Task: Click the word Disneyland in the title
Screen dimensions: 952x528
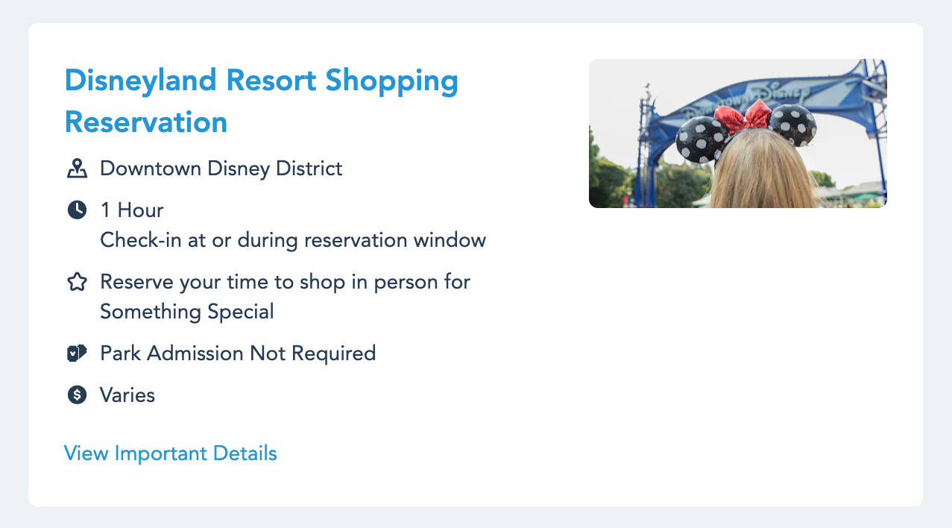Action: pyautogui.click(x=141, y=81)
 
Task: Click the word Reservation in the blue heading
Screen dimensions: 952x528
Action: pyautogui.click(x=146, y=122)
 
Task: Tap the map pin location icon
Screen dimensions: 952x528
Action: pyautogui.click(x=77, y=169)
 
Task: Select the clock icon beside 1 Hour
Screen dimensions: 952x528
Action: pyautogui.click(x=77, y=210)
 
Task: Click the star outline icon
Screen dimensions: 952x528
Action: pyautogui.click(x=77, y=282)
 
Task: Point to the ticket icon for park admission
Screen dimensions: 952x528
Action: pyautogui.click(x=77, y=353)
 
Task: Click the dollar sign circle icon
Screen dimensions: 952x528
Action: pyautogui.click(x=77, y=395)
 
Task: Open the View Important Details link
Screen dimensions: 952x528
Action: pyautogui.click(x=171, y=453)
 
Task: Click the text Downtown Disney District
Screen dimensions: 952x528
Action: pyautogui.click(x=221, y=169)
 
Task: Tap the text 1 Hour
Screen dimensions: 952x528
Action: pyautogui.click(x=132, y=210)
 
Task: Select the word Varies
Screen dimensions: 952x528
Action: pyautogui.click(x=127, y=395)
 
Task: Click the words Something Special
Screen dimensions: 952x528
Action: pyautogui.click(x=187, y=312)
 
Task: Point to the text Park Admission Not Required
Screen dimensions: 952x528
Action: pyautogui.click(x=238, y=353)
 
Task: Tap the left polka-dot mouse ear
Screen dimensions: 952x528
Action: pyautogui.click(x=702, y=139)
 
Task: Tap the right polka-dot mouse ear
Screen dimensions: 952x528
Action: pyautogui.click(x=793, y=125)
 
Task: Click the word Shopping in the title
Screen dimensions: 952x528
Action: pyautogui.click(x=392, y=81)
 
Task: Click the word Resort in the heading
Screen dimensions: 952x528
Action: pyautogui.click(x=271, y=81)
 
